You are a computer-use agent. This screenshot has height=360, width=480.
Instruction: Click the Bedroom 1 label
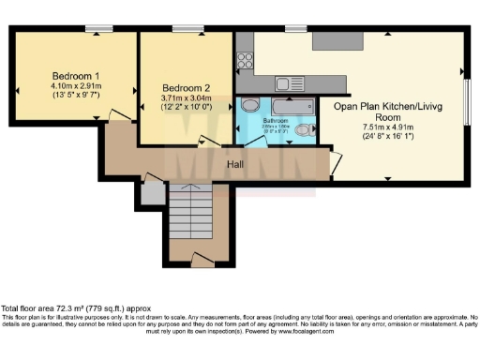pos(76,75)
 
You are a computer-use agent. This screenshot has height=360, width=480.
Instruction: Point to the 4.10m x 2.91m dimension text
pos(76,85)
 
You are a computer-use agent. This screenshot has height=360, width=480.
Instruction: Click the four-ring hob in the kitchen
pos(247,61)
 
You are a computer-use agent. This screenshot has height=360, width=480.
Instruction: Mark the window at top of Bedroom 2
pos(183,29)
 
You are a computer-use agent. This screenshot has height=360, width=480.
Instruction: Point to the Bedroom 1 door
pos(118,114)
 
